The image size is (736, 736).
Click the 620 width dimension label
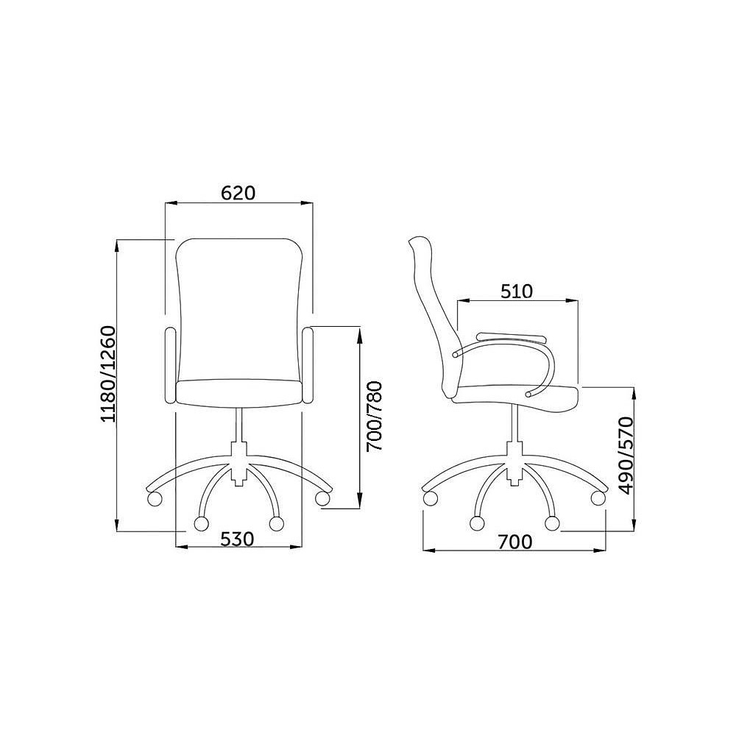tap(238, 193)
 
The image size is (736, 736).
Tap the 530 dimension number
tap(237, 539)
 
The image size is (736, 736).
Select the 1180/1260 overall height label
tap(108, 374)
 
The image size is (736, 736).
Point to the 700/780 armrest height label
tap(375, 417)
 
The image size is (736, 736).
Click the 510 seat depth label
tap(517, 291)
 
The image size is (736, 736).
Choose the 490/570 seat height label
tap(626, 456)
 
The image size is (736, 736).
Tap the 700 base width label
tap(515, 542)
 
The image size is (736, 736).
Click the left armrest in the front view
tap(171, 366)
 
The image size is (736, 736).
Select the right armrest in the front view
tap(308, 366)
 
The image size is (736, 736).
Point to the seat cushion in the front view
tap(239, 393)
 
